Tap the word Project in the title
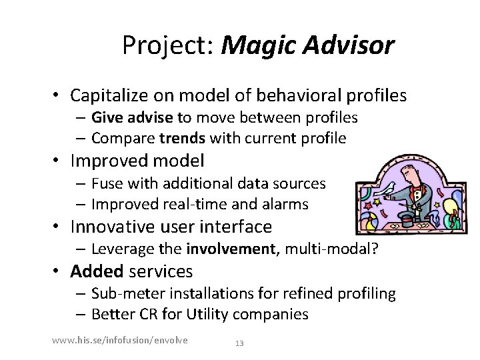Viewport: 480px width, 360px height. pyautogui.click(x=167, y=45)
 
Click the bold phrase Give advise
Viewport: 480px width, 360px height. pyautogui.click(x=132, y=118)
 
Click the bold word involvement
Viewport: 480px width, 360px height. pyautogui.click(x=229, y=249)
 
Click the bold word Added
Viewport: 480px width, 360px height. pyautogui.click(x=97, y=271)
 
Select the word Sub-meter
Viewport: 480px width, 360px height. pyautogui.click(x=123, y=293)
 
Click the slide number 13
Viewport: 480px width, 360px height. pyautogui.click(x=240, y=343)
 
